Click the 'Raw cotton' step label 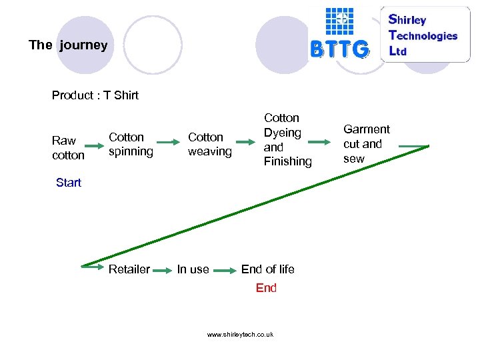[x=68, y=147]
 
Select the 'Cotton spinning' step [x=131, y=144]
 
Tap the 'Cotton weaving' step [x=209, y=144]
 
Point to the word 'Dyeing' [x=283, y=133]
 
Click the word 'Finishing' [x=287, y=161]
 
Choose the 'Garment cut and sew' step [x=366, y=143]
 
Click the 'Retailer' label [x=129, y=269]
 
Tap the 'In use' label [x=193, y=269]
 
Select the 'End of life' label [x=267, y=269]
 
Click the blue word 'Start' [x=69, y=183]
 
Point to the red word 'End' [x=266, y=288]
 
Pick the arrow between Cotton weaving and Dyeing [x=249, y=142]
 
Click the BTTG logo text [x=339, y=49]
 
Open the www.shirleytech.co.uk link [x=240, y=335]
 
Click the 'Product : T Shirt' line [x=95, y=95]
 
